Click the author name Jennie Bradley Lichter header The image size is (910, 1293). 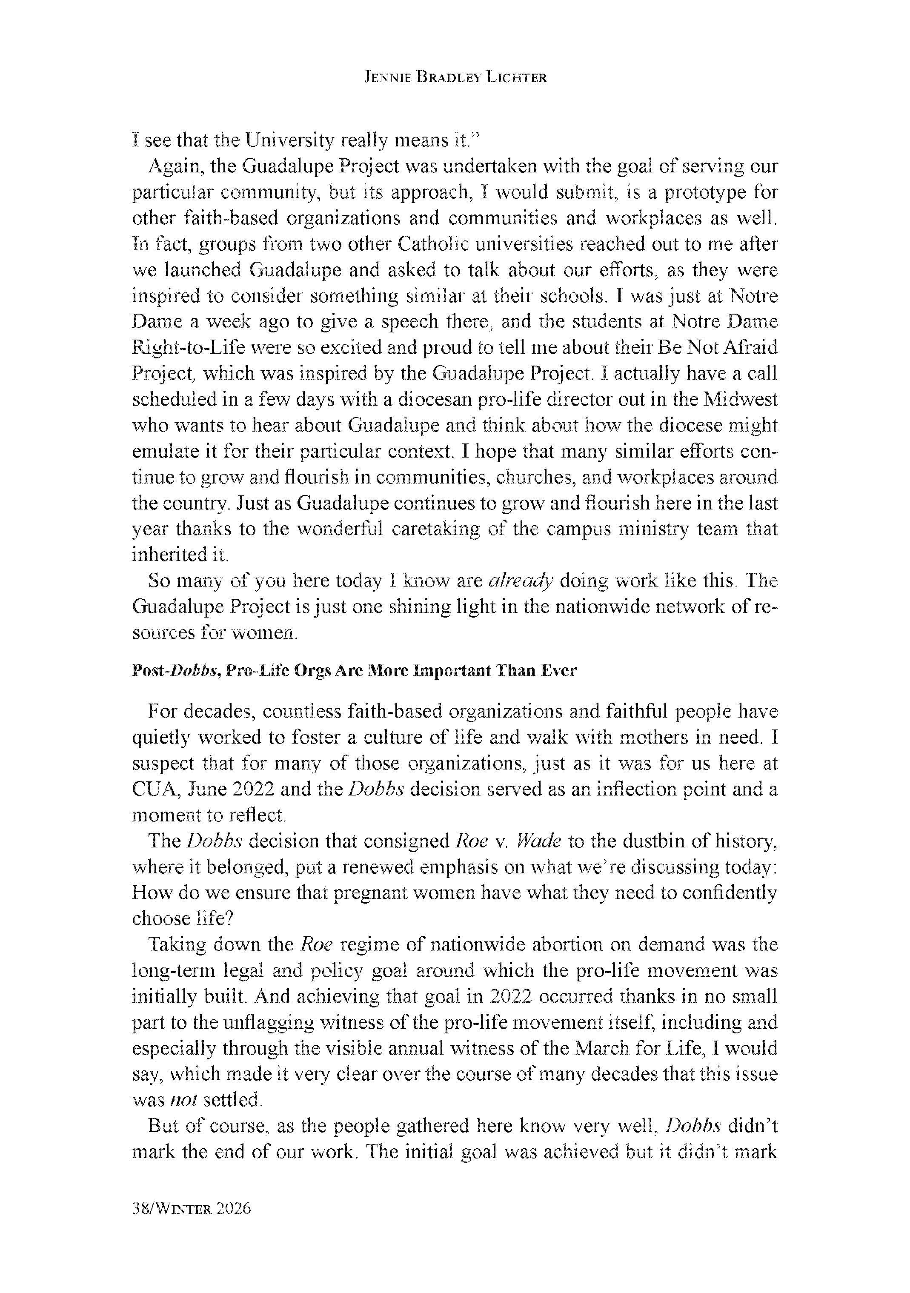455,78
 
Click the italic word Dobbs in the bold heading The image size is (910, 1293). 192,671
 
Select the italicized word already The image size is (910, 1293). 520,581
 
